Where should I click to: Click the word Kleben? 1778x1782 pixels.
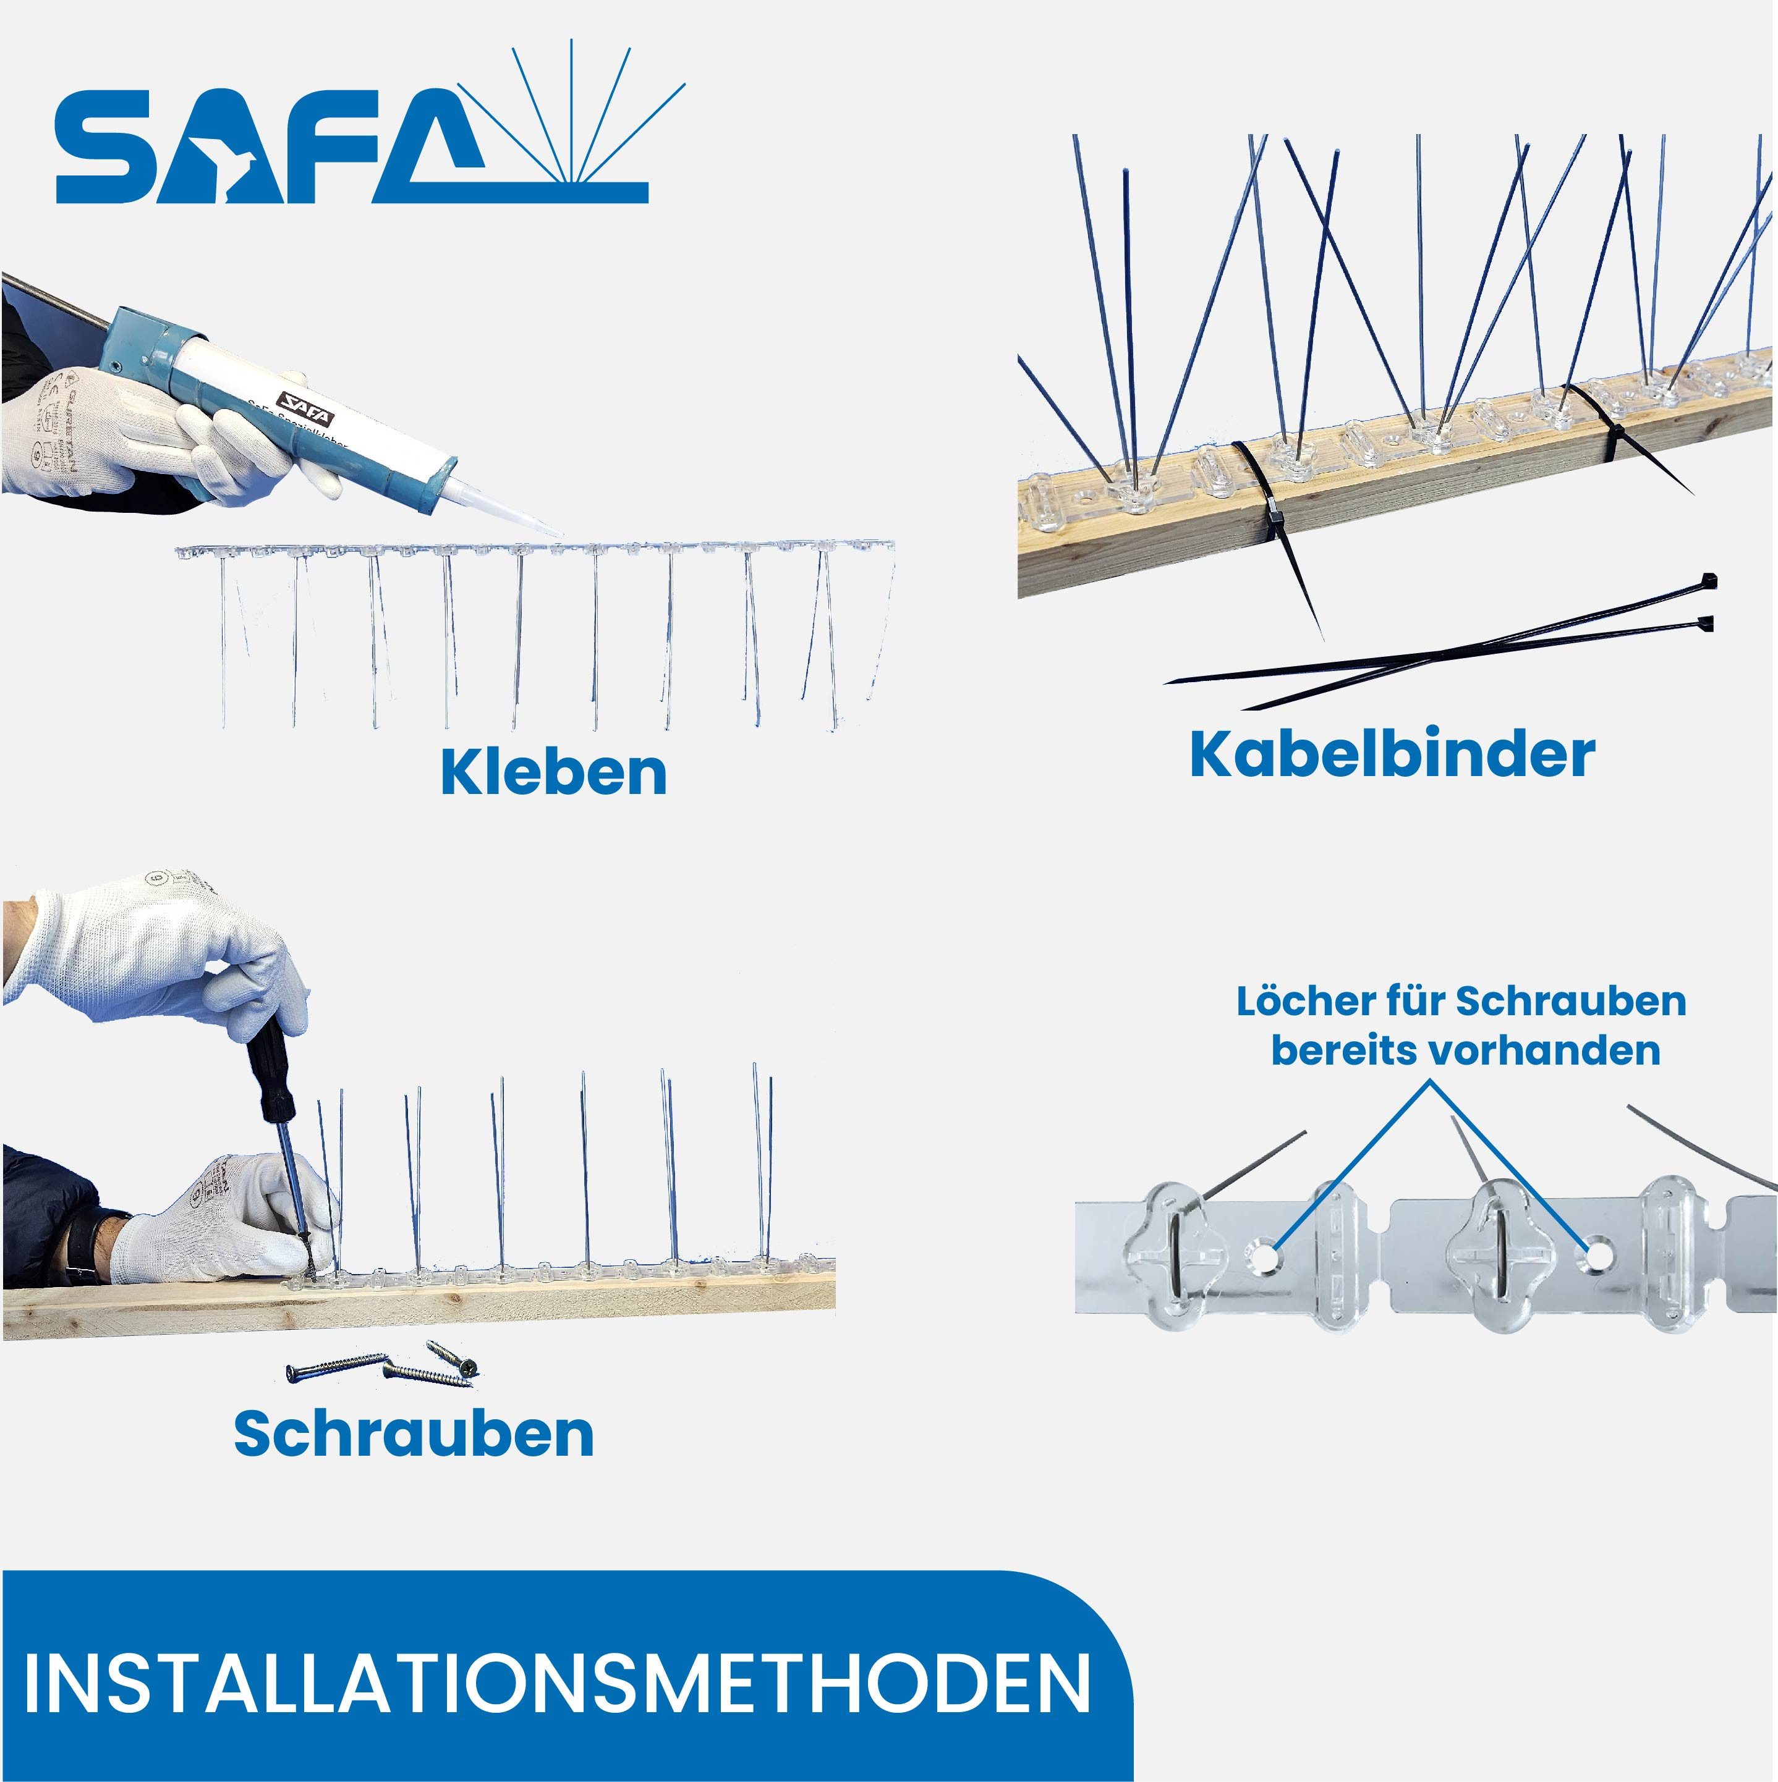click(553, 773)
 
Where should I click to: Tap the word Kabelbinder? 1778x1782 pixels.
click(1392, 754)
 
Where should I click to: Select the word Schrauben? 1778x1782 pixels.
click(414, 1434)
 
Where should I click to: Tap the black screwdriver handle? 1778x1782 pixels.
click(268, 1070)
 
